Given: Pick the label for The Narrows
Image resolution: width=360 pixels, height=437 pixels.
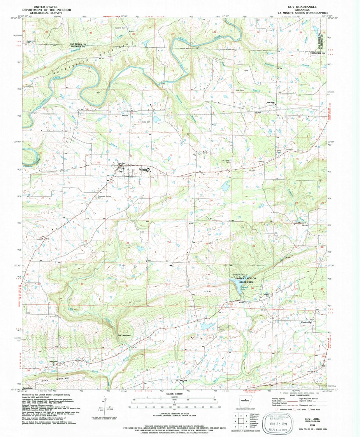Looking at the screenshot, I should click(124, 335).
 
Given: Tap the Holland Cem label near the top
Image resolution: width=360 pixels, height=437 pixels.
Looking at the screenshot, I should click(120, 28).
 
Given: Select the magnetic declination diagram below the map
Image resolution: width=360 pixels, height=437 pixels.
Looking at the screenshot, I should click(105, 405).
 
